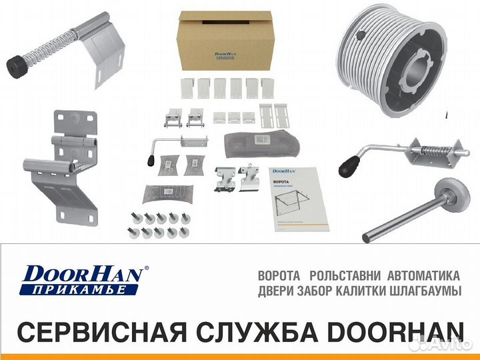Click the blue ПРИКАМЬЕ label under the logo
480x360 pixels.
click(80, 289)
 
